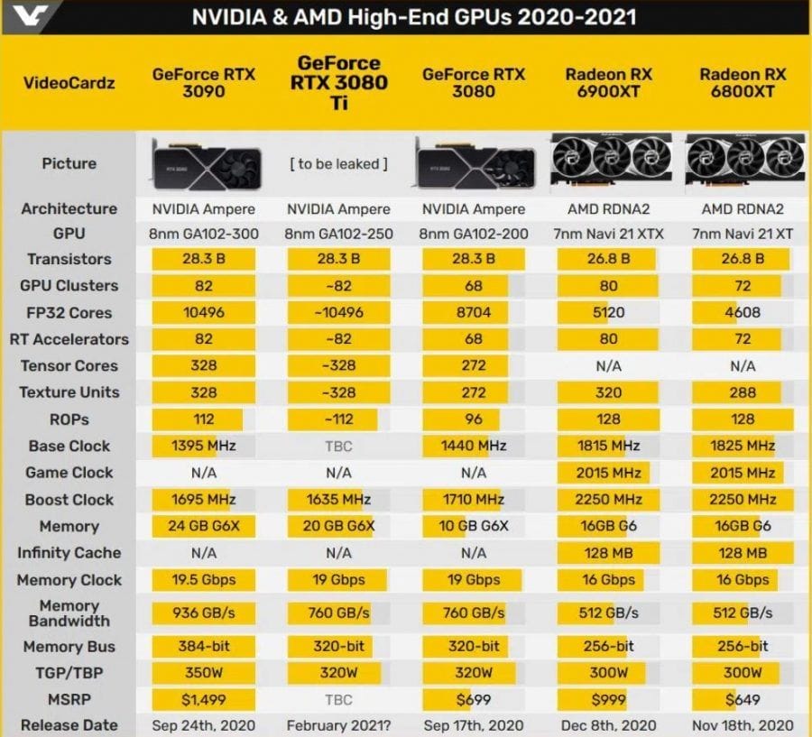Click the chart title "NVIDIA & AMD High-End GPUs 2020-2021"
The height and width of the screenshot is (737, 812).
point(413,17)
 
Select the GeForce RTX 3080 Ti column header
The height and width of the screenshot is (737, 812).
point(338,83)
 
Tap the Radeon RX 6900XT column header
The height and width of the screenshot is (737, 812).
point(608,82)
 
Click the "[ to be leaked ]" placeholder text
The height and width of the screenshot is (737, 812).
point(338,163)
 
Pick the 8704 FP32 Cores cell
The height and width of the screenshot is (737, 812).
point(473,312)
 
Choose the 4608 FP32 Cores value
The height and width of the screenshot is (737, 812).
point(743,312)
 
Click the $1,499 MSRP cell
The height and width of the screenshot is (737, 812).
point(204,698)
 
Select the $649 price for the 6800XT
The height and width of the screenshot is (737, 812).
point(743,698)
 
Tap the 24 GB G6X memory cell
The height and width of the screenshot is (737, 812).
point(204,526)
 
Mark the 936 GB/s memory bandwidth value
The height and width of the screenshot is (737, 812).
point(204,613)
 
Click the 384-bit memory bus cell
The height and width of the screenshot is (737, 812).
point(204,646)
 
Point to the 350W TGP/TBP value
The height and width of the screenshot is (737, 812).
point(204,672)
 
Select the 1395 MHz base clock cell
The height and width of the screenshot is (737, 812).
point(204,446)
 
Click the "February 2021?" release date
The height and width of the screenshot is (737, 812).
point(338,724)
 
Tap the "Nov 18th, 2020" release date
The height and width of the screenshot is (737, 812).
point(743,724)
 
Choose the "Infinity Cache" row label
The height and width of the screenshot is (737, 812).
point(69,552)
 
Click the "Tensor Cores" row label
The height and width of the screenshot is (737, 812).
point(69,365)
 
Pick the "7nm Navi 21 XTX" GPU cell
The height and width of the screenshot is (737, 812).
point(608,234)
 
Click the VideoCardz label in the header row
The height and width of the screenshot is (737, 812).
point(69,83)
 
